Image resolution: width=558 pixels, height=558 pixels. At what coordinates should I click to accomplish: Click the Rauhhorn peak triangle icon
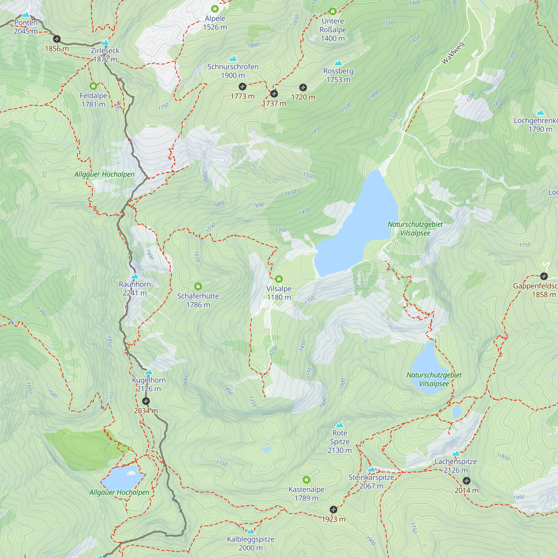[x=135, y=276]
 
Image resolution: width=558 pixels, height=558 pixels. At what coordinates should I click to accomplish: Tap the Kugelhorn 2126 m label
[x=149, y=384]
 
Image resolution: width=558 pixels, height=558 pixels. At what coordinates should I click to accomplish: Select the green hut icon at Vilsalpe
[x=279, y=279]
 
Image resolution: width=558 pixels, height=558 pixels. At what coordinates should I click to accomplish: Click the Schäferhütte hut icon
[x=198, y=287]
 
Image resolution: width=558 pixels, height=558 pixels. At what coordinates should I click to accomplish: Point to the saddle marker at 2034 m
[x=146, y=401]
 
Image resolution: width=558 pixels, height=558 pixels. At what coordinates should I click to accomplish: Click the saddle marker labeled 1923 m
[x=333, y=509]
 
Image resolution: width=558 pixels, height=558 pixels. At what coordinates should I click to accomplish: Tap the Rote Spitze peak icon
[x=340, y=425]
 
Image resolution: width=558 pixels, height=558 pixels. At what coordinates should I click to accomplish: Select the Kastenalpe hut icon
[x=306, y=480]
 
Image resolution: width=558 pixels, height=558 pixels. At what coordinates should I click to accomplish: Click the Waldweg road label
[x=453, y=53]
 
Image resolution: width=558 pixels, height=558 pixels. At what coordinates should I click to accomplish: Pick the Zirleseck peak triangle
[x=105, y=43]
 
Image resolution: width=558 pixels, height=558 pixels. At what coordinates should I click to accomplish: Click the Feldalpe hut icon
[x=93, y=86]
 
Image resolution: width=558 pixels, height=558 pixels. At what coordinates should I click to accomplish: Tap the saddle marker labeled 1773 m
[x=242, y=87]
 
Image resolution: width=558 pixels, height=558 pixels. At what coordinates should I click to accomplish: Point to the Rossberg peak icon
[x=338, y=63]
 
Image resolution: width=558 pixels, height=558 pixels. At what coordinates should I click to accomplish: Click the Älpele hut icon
[x=215, y=9]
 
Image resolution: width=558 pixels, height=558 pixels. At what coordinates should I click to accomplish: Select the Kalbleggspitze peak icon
[x=251, y=531]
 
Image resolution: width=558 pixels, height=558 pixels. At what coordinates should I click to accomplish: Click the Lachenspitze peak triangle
[x=456, y=453]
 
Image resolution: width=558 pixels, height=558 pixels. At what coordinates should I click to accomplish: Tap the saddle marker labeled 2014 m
[x=466, y=481]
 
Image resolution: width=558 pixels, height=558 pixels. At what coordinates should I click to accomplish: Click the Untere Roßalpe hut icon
[x=333, y=11]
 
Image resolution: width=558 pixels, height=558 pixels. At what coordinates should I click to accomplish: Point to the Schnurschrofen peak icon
[x=233, y=59]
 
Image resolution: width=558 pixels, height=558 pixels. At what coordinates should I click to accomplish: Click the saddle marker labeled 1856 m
[x=57, y=39]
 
